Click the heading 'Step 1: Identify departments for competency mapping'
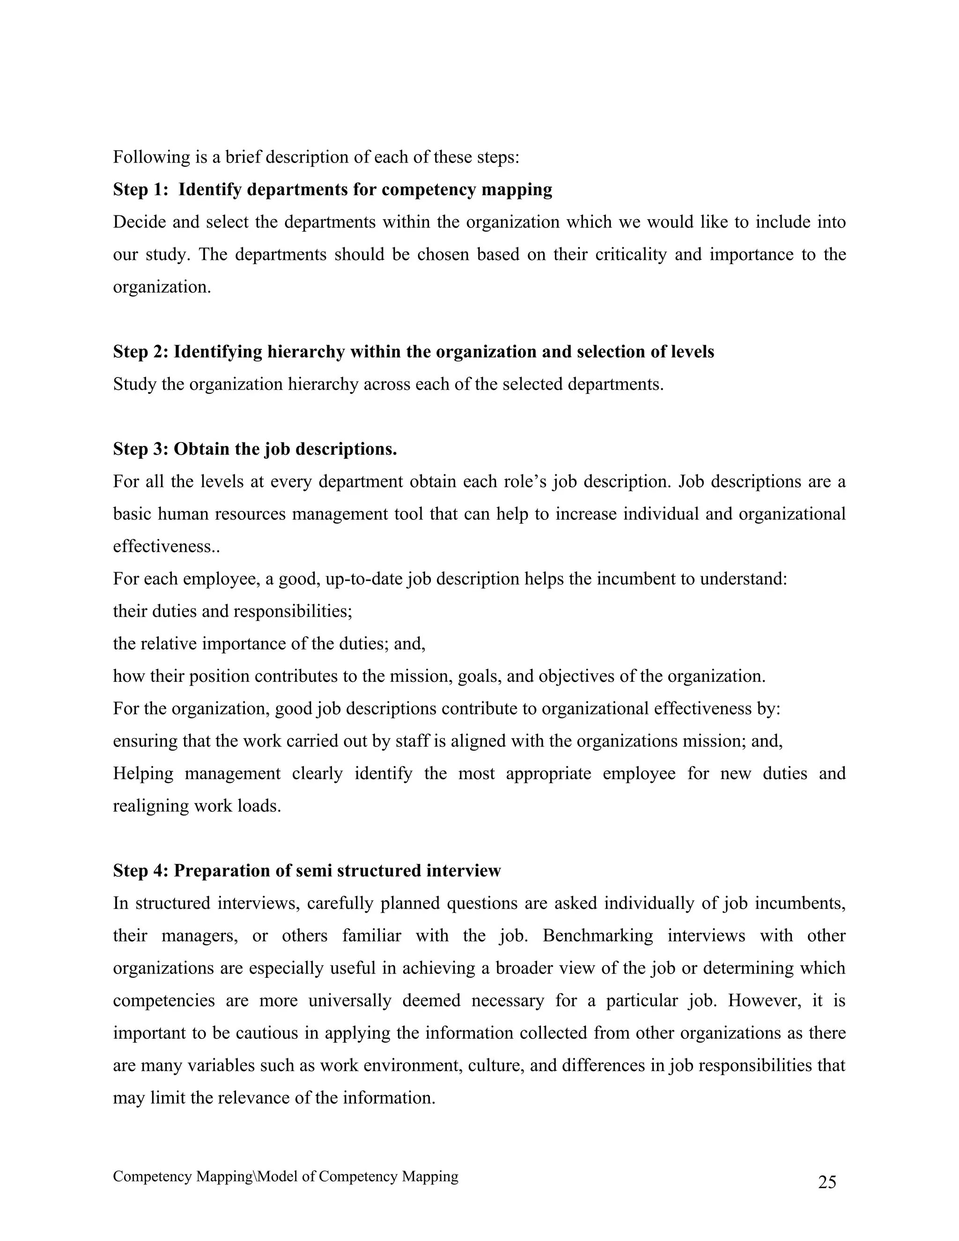[x=332, y=189]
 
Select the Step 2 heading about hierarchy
[x=413, y=352]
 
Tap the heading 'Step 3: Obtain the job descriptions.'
[x=255, y=449]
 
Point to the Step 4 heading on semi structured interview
[x=307, y=871]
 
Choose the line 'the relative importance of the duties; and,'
[x=269, y=644]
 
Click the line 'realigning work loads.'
[x=197, y=806]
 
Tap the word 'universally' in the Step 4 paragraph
[x=350, y=1000]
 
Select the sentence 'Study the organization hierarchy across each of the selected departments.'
[x=388, y=384]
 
